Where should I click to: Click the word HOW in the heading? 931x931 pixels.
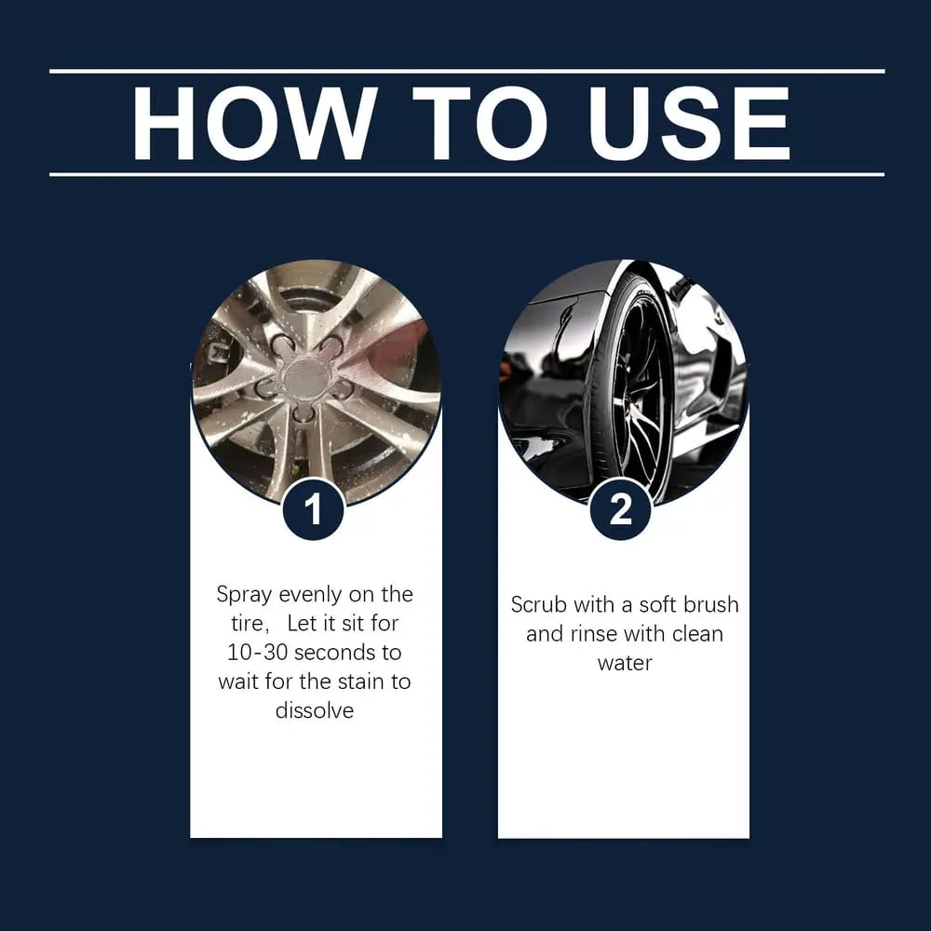(x=255, y=124)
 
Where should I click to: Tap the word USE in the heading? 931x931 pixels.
(x=689, y=124)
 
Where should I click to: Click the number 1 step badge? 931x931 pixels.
(x=313, y=509)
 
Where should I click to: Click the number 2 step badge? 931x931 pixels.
(x=621, y=509)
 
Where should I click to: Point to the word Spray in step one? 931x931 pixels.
(x=244, y=595)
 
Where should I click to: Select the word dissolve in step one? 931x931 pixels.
(x=315, y=710)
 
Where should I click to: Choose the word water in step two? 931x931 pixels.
(x=625, y=663)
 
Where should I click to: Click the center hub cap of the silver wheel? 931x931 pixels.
(x=306, y=378)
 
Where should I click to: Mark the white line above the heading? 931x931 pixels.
(x=466, y=72)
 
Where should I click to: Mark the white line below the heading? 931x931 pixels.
(x=466, y=175)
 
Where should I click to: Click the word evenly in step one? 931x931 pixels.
(x=310, y=595)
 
